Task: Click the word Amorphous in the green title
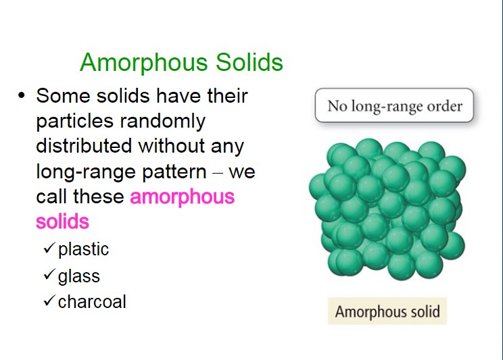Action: point(144,63)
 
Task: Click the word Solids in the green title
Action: point(249,62)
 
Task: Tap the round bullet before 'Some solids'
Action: point(22,95)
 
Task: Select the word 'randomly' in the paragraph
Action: point(163,122)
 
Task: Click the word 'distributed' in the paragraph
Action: point(84,145)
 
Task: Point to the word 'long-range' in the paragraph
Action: point(86,172)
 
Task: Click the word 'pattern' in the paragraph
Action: point(174,172)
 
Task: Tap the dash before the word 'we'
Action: point(218,173)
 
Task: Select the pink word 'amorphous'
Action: point(183,197)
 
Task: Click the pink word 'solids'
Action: point(63,221)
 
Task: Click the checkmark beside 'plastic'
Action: point(49,248)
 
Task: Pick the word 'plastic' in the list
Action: point(83,249)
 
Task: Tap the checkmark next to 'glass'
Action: point(49,274)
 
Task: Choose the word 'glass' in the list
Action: point(79,276)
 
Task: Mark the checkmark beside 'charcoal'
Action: point(49,300)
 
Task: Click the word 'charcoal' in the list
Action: point(92,302)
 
